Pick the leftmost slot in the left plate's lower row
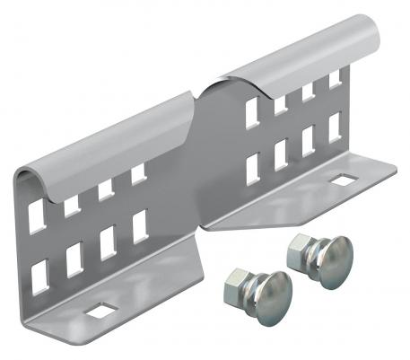[40, 275]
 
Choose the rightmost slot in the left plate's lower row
[138, 226]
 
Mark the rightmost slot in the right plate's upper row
[335, 79]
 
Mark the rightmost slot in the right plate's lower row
[335, 129]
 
